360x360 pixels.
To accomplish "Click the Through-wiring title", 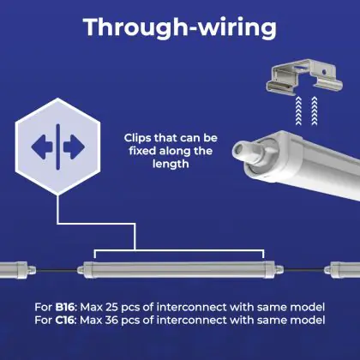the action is (180, 27).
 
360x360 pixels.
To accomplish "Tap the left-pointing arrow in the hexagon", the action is (42, 147).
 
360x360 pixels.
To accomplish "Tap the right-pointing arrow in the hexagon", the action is (75, 147).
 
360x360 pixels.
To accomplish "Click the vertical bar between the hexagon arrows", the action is (58, 147).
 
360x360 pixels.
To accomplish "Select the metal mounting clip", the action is (304, 76).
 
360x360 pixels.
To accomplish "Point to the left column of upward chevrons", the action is (298, 111).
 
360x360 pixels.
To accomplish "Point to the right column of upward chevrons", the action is (315, 111).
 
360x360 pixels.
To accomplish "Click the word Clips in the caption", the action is (138, 138).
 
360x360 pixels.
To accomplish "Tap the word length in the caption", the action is (171, 164).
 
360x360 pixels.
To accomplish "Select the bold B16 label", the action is (64, 307).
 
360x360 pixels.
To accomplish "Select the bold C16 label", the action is (64, 320).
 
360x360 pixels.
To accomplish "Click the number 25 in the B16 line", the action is (111, 307).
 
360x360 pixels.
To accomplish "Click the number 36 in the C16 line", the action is (111, 320).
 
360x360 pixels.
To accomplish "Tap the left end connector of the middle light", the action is (81, 269).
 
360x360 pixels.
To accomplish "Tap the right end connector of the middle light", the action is (279, 269).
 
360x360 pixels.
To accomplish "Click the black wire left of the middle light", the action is (57, 269).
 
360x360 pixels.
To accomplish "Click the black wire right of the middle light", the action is (304, 269).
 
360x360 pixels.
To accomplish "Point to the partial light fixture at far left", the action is (18, 269).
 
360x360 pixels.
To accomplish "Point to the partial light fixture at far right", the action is (342, 269).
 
